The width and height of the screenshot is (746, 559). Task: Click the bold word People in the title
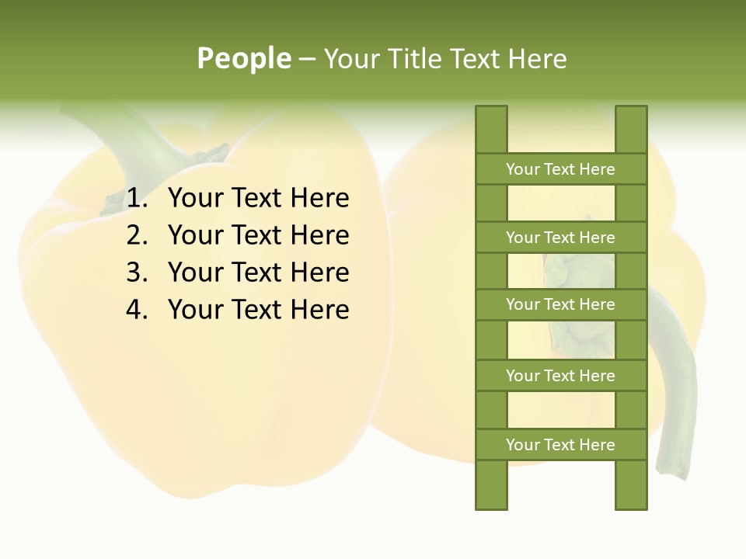pos(244,58)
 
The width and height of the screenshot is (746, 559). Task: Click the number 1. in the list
pos(138,199)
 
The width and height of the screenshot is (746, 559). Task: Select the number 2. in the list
pos(138,235)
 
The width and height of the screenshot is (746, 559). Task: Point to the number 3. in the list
pos(138,273)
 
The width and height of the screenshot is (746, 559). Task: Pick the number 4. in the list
pos(138,310)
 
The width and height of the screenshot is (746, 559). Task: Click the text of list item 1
pos(259,199)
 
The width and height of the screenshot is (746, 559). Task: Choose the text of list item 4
pos(259,310)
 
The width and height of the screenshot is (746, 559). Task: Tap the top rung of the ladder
pos(560,169)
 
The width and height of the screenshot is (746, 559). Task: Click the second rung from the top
pos(560,238)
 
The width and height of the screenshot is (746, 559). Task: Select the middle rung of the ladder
pos(560,304)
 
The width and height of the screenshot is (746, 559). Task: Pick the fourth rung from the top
pos(560,376)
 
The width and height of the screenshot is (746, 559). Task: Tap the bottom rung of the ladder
pos(560,445)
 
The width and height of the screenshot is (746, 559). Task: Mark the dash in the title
pos(307,59)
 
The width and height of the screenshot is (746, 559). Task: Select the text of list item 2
pos(259,235)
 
